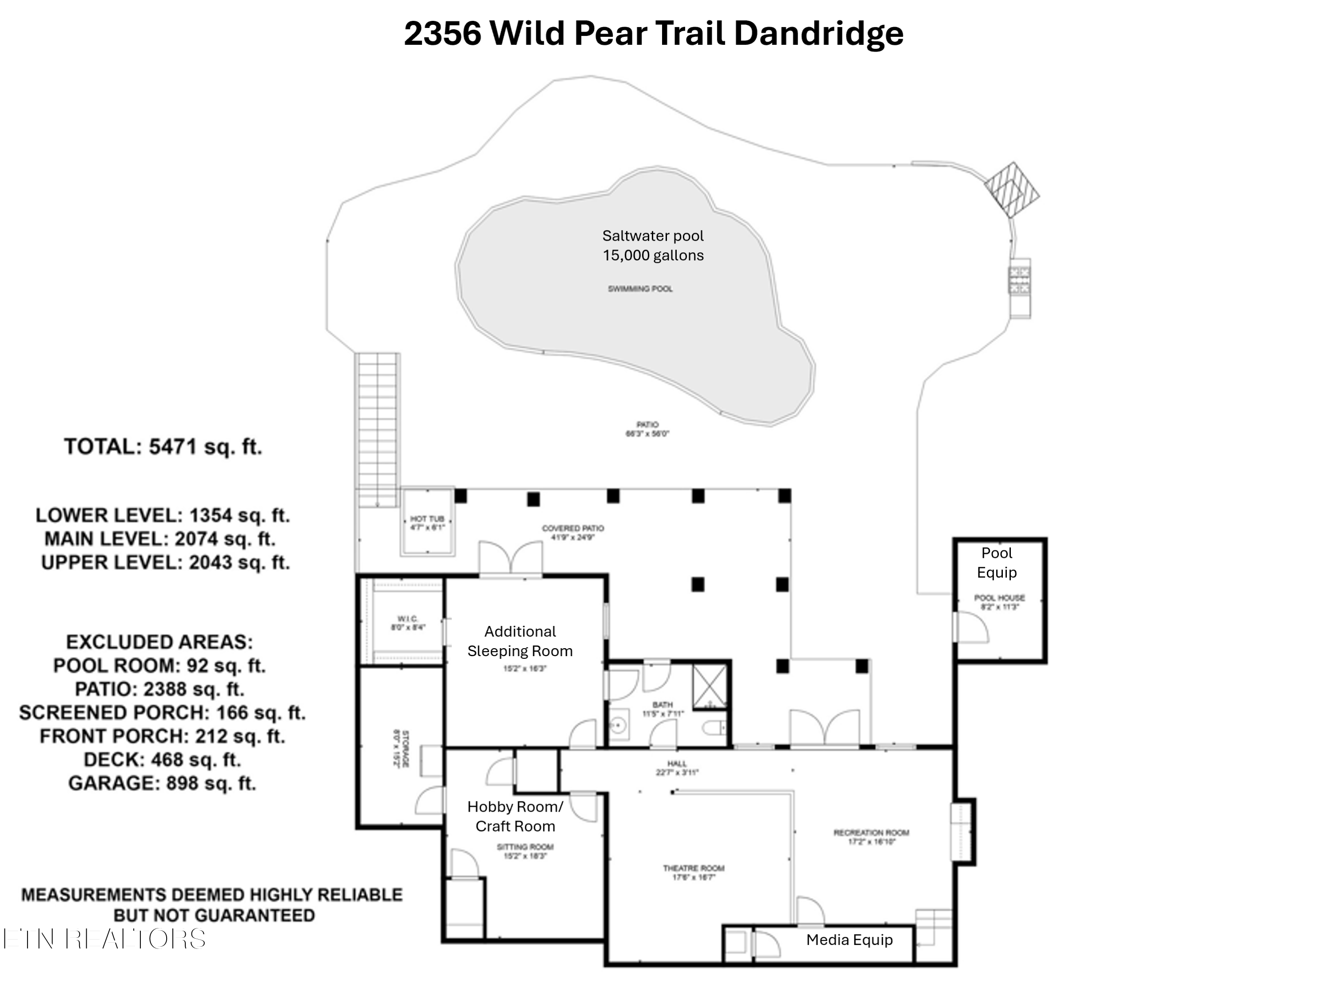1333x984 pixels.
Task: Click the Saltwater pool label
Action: [653, 245]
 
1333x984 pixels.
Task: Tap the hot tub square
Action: [427, 522]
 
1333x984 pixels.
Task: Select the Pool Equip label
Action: [997, 562]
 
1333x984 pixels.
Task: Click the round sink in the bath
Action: [619, 725]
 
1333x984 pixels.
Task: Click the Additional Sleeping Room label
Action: [520, 641]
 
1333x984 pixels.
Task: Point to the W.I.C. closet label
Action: [408, 623]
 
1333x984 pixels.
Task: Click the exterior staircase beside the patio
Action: [377, 429]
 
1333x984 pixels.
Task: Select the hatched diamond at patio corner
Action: [1011, 189]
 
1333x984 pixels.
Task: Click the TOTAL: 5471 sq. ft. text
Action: [163, 446]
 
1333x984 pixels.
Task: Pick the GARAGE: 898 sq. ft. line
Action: [162, 783]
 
